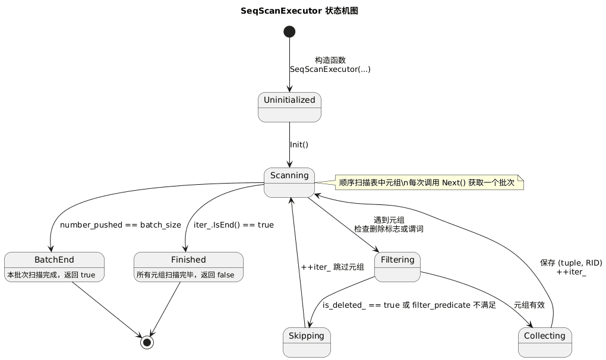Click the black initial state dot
(289, 31)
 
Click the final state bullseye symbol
(147, 343)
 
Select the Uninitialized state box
(289, 107)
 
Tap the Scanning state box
(289, 182)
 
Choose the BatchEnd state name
(54, 260)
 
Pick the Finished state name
(188, 260)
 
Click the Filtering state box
(397, 267)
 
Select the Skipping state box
(307, 342)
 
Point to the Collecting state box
(545, 342)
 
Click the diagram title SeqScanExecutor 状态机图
(299, 11)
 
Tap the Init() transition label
(299, 145)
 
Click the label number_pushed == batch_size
(121, 225)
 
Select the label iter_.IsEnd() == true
(233, 225)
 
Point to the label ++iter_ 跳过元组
(332, 267)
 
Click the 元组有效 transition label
(529, 305)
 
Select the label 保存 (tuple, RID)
(571, 263)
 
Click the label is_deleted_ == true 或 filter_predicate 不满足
(409, 305)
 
